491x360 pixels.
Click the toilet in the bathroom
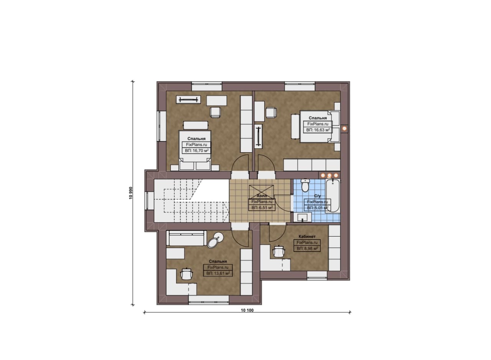[305, 185]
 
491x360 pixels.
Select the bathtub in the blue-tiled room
[333, 196]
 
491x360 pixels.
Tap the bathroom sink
[303, 217]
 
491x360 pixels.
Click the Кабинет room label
[307, 237]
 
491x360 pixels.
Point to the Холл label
[262, 196]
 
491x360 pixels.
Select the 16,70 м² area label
[196, 151]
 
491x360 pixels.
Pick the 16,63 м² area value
[318, 130]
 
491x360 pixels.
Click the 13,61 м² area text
[218, 273]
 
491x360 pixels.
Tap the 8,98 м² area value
[307, 249]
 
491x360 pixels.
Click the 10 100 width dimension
[247, 310]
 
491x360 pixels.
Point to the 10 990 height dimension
[131, 193]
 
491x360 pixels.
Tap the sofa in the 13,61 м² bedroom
[186, 238]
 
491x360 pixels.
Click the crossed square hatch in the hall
[262, 192]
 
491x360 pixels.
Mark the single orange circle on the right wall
[344, 128]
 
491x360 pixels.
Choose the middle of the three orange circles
[329, 175]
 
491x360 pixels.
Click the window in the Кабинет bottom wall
[317, 275]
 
